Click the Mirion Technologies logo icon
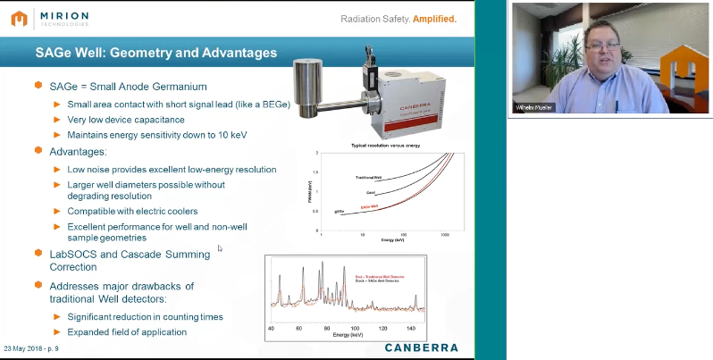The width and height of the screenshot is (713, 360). tap(17, 18)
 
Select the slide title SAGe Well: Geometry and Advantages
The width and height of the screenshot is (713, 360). tap(155, 53)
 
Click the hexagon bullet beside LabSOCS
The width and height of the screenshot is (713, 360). tap(38, 254)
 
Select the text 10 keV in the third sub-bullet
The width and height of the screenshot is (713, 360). tap(233, 135)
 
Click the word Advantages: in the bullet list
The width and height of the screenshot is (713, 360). tap(80, 152)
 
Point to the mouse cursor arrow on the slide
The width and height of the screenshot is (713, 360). tap(220, 248)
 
